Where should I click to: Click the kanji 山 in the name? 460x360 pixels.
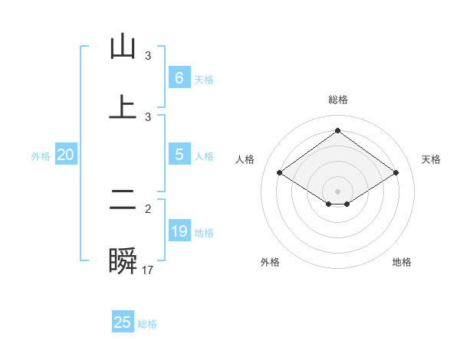[x=123, y=47]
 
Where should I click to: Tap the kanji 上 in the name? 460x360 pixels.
[x=123, y=106]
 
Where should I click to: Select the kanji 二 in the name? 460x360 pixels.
[x=123, y=201]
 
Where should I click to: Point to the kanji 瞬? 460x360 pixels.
[x=123, y=261]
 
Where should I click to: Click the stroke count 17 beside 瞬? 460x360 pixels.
[x=148, y=270]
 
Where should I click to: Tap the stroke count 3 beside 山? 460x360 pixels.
[x=148, y=56]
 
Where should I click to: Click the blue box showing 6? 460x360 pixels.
[x=179, y=78]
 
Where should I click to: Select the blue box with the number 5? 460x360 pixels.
[x=179, y=155]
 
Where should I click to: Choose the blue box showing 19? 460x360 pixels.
[x=179, y=231]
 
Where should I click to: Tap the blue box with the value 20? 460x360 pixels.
[x=66, y=155]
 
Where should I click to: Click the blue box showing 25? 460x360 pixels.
[x=123, y=322]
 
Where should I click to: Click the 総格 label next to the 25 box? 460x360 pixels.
[x=147, y=324]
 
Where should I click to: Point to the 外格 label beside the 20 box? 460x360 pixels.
[x=41, y=156]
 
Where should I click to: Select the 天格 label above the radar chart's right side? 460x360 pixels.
[x=431, y=159]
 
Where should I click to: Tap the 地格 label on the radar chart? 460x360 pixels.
[x=402, y=262]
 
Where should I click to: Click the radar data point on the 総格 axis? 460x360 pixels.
[x=337, y=130]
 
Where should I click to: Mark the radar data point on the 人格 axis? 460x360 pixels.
[x=280, y=173]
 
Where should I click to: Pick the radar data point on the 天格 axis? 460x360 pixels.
[x=396, y=173]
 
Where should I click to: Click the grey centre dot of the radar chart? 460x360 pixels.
[x=337, y=191]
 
